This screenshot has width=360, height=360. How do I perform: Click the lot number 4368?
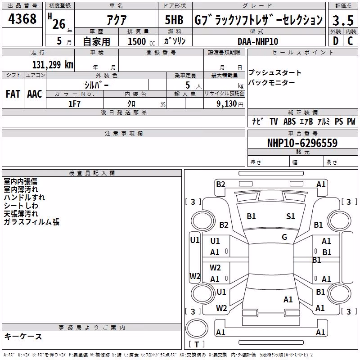point(22,19)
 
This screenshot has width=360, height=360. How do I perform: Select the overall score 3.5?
point(343,21)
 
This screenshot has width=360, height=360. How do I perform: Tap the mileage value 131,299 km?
point(53,65)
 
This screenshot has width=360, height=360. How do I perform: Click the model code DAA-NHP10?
point(258,41)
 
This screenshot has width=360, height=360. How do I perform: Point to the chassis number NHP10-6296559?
point(302,143)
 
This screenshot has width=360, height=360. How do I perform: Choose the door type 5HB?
point(174,20)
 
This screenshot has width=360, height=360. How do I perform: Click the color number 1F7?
point(74,104)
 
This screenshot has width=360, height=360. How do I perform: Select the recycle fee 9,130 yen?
point(230,104)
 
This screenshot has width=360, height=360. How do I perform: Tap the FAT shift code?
point(13,94)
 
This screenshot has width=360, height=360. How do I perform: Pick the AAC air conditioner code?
point(35,94)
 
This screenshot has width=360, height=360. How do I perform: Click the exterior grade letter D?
point(335,41)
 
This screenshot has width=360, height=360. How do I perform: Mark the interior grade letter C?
point(350,41)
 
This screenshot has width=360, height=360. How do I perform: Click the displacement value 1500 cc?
point(141,41)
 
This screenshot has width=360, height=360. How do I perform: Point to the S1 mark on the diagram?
point(290,216)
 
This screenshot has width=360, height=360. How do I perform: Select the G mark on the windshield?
point(284,237)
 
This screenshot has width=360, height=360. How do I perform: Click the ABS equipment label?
point(289,121)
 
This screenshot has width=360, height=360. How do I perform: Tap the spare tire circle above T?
point(197,328)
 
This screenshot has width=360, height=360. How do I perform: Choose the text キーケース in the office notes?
point(23,337)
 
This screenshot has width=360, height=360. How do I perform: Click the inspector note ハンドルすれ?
point(24,198)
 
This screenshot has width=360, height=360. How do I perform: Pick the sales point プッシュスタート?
point(275,72)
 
